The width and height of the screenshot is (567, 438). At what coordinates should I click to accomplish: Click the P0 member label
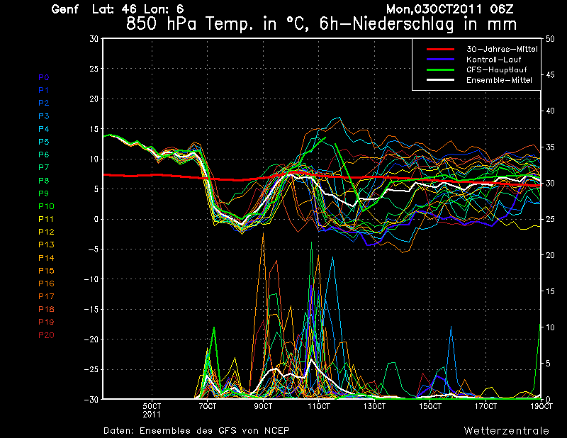click(x=43, y=77)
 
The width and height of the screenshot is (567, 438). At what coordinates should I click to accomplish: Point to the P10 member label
click(x=45, y=206)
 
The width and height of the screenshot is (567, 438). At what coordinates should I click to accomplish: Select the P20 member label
click(x=45, y=335)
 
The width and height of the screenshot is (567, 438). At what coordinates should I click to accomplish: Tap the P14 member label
click(x=45, y=258)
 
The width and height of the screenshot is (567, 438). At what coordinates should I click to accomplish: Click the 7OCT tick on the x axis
click(x=207, y=407)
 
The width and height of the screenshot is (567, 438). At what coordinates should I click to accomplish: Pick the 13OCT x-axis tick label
click(x=374, y=407)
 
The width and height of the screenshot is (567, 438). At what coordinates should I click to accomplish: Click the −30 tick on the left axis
click(x=92, y=400)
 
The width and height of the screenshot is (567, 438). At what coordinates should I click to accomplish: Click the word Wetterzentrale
click(x=506, y=430)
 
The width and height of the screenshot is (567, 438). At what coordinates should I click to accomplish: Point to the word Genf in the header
click(x=65, y=9)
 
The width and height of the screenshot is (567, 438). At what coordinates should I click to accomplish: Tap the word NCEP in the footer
click(x=275, y=430)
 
